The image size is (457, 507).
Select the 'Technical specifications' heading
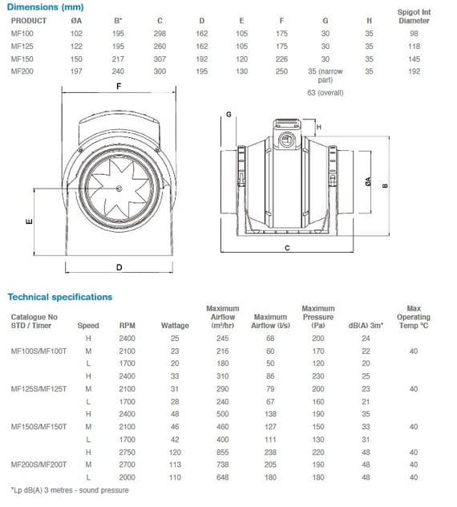(x=60, y=297)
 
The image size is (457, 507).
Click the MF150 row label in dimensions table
(x=22, y=59)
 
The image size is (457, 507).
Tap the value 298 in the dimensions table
(x=184, y=34)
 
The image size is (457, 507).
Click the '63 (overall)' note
(x=325, y=92)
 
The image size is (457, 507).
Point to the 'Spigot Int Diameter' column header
(x=414, y=17)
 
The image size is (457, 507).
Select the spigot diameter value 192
(x=414, y=71)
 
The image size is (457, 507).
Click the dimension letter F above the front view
(x=118, y=86)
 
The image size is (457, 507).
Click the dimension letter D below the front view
(x=119, y=266)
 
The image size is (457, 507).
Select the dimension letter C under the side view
(x=286, y=249)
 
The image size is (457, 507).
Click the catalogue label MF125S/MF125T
(x=38, y=388)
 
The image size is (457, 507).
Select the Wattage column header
(x=175, y=326)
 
